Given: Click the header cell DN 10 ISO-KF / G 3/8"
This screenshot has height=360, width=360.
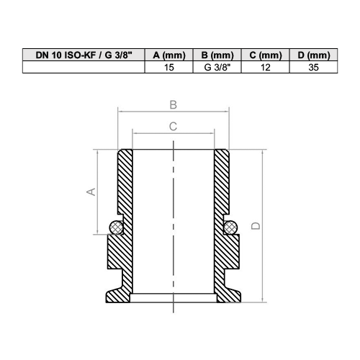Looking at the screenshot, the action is pos(84,55).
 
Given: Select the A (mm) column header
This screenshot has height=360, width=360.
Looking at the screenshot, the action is pos(169,55).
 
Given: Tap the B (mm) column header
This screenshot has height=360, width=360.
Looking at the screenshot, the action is pos(217,55).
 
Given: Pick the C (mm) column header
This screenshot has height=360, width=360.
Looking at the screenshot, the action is pos(266,55).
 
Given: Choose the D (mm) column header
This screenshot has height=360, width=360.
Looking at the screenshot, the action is pos(314,55).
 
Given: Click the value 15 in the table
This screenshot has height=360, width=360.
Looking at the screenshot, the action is pos(169,67).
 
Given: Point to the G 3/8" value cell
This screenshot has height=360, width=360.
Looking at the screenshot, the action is pos(217,67).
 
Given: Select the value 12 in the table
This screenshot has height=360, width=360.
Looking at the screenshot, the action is pos(266,67).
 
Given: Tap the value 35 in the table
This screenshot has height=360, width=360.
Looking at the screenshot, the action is pos(314,67).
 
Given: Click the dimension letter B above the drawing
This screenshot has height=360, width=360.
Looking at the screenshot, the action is pos(174,105).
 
